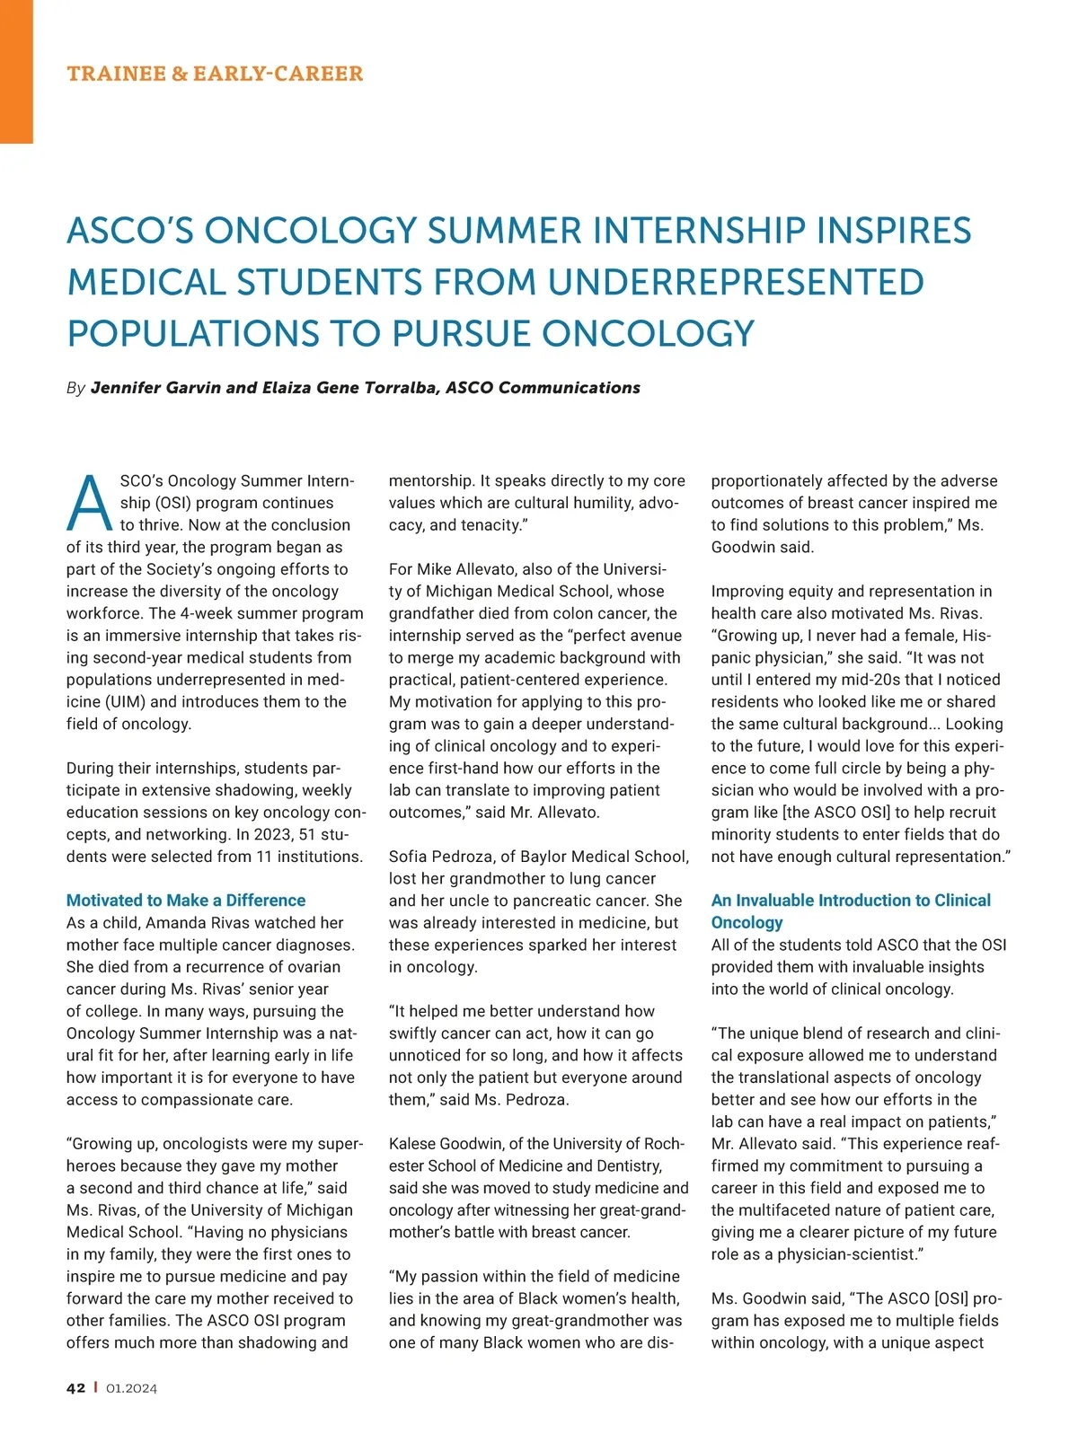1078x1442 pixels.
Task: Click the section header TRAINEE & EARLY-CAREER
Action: point(215,74)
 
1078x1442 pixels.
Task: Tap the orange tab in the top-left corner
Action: point(16,72)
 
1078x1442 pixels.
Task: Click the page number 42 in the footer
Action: point(75,1388)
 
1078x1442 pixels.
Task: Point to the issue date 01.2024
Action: point(131,1388)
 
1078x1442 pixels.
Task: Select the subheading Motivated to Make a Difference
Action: point(186,901)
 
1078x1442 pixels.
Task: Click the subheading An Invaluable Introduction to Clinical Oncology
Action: point(851,910)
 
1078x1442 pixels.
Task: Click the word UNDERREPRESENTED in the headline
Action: point(736,282)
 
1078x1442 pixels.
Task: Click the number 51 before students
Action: point(308,835)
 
